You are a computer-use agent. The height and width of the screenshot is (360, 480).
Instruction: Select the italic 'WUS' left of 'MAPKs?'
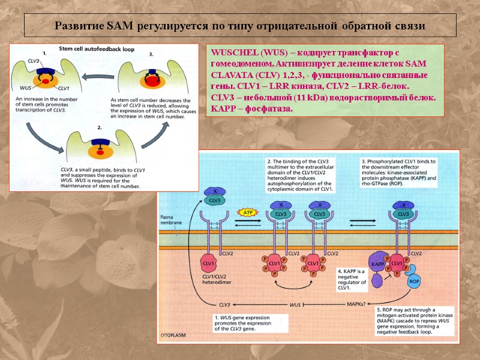coord(295,305)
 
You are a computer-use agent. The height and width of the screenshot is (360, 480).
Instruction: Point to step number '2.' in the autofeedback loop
coord(100,128)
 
